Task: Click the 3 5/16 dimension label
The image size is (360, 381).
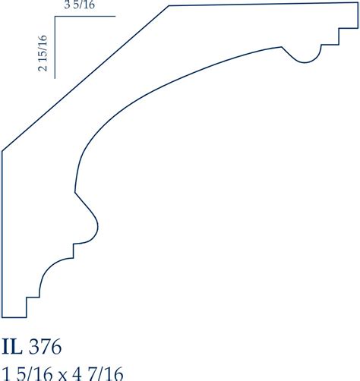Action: [80, 8]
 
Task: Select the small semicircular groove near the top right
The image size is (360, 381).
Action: [305, 55]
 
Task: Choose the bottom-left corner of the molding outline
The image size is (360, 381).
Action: [3, 316]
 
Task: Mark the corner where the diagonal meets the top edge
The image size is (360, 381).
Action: [169, 6]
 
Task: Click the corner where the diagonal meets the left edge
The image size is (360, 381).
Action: [3, 150]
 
